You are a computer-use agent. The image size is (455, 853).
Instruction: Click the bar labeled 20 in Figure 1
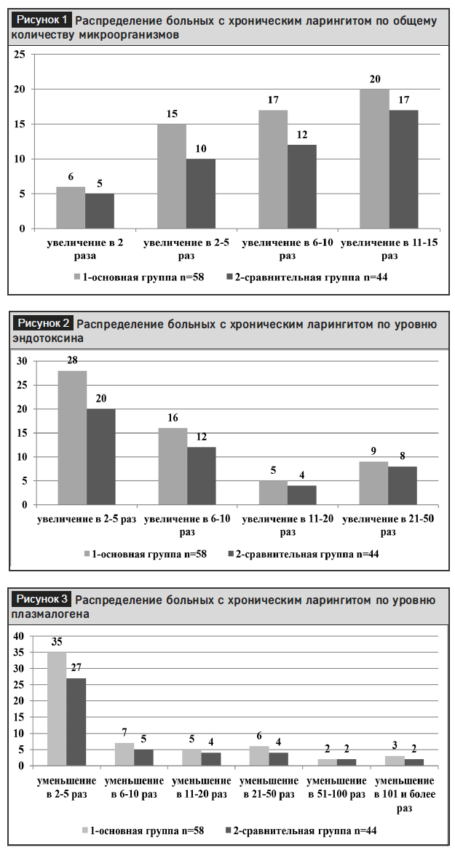[x=374, y=159]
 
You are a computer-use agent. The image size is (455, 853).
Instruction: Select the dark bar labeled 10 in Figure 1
[x=201, y=194]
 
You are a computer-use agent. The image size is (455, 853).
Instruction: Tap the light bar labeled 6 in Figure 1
[x=71, y=208]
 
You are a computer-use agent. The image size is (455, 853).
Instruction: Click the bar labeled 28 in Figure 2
[x=72, y=438]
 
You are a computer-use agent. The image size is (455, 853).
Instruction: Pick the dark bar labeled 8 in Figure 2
[x=402, y=485]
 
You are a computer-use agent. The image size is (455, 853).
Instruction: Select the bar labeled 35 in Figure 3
[x=57, y=709]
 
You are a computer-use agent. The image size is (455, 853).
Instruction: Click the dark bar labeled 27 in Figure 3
[x=76, y=722]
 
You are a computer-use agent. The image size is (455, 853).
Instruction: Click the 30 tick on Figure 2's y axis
[x=22, y=361]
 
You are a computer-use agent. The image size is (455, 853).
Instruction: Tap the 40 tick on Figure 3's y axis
[x=20, y=636]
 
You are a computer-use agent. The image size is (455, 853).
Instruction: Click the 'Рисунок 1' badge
[x=42, y=20]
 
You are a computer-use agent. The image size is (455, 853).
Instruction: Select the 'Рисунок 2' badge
[x=43, y=322]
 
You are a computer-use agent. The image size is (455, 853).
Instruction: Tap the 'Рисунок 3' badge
[x=42, y=600]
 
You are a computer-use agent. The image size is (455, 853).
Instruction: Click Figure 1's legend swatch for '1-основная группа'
[x=76, y=277]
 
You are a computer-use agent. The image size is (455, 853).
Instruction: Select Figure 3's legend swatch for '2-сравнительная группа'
[x=227, y=830]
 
